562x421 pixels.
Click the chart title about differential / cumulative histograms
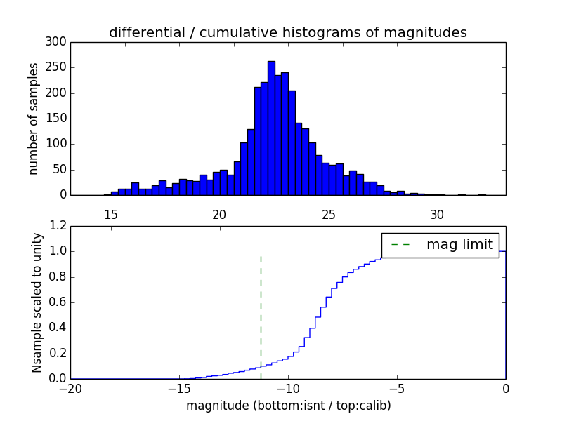point(287,32)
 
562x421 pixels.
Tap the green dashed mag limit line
point(261,309)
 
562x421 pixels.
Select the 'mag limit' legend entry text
point(459,245)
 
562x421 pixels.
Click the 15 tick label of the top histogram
point(110,214)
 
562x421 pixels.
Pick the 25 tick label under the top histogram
point(328,214)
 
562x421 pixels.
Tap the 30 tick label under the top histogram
point(437,214)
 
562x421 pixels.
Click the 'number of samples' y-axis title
point(34,119)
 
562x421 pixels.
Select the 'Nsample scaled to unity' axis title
point(37,302)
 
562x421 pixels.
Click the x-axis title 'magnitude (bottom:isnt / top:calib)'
point(288,406)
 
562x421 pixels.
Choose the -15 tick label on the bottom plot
point(179,389)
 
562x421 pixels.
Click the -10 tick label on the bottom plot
point(288,389)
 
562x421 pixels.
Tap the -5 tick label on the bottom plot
point(397,389)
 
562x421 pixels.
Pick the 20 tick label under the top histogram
point(219,214)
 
